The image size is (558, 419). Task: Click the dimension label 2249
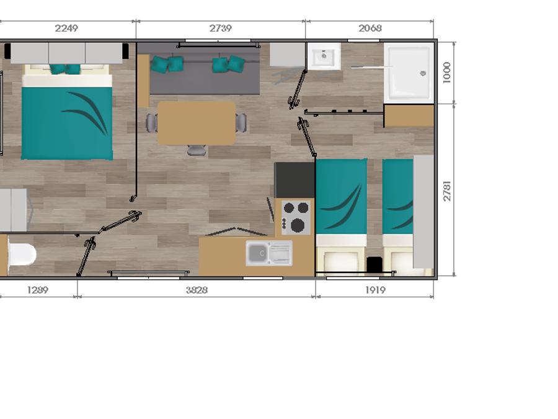(66, 28)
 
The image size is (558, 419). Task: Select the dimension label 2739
(221, 28)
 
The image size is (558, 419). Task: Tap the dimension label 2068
(370, 28)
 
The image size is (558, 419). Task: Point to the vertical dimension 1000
(446, 73)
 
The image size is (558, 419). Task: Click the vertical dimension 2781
(446, 191)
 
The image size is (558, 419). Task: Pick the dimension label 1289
(38, 290)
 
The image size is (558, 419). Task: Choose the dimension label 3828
(197, 290)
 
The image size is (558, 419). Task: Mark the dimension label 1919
(376, 290)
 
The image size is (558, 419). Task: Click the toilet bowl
(22, 255)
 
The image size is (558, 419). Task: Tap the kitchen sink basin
(258, 253)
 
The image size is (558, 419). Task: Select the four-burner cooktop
(296, 217)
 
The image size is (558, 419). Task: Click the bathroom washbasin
(324, 56)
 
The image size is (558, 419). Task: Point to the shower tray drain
(423, 73)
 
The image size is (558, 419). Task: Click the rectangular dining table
(197, 123)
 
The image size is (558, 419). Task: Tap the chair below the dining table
(197, 150)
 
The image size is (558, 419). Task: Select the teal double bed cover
(67, 124)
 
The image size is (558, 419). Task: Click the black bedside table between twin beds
(374, 264)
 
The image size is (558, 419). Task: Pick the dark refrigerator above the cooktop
(294, 180)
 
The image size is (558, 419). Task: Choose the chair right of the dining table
(241, 122)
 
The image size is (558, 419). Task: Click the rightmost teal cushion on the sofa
(236, 64)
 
